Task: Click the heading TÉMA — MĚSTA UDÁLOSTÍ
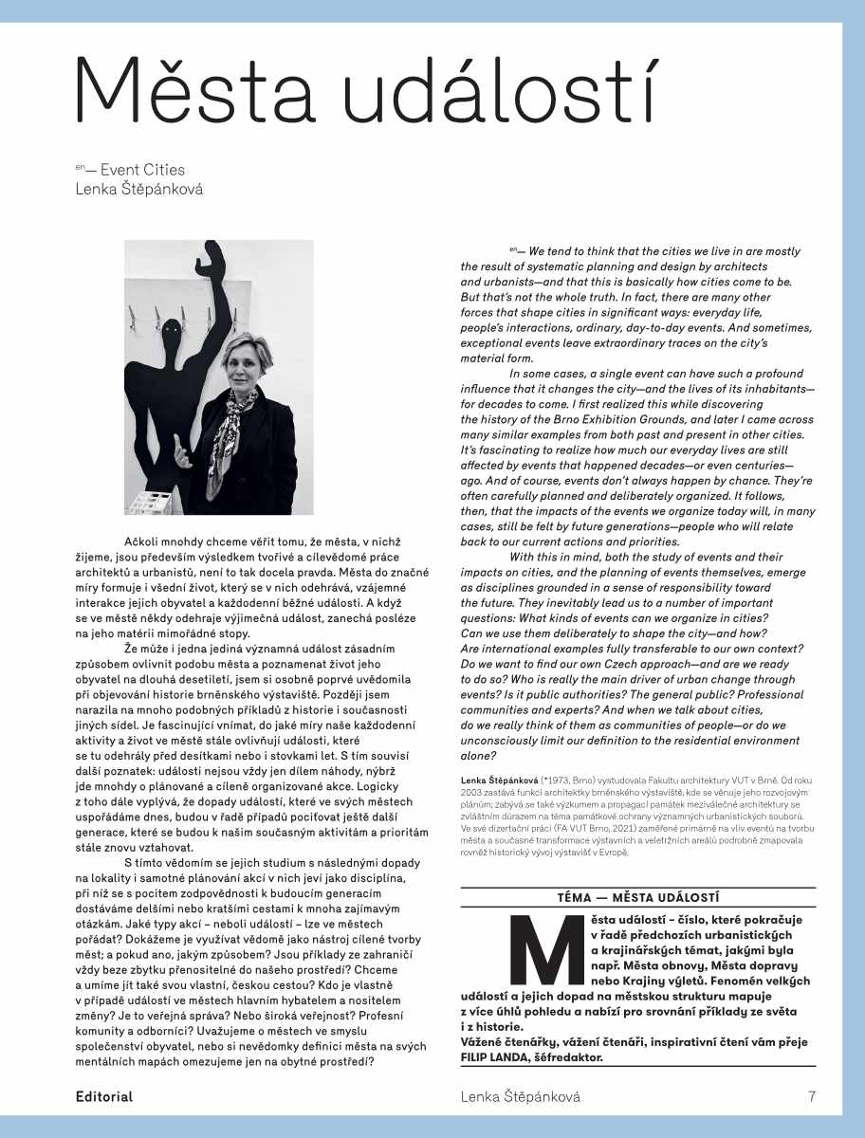[x=638, y=897]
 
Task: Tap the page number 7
[x=812, y=1097]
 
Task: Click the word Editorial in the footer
[x=104, y=1097]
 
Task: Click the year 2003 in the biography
[x=472, y=792]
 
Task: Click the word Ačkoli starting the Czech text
[x=146, y=541]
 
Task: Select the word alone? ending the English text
[x=479, y=755]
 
